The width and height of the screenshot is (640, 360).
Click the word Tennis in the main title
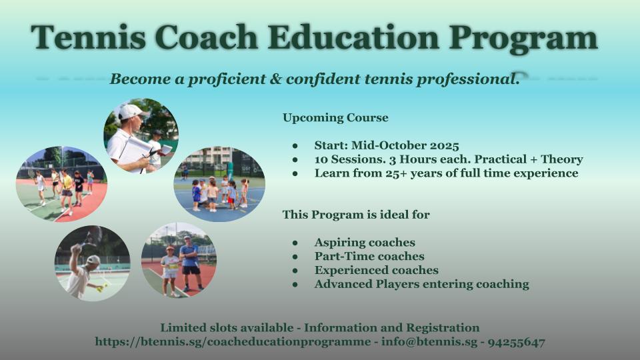point(88,37)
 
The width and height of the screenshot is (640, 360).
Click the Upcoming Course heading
point(335,117)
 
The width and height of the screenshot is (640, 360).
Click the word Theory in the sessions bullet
point(561,159)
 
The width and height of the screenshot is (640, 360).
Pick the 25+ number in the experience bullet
point(396,173)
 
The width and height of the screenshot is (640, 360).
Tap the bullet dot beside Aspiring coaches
point(295,243)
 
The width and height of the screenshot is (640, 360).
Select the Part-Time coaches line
point(369,256)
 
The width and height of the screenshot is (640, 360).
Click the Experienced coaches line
point(376,270)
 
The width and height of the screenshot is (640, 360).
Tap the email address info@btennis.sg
point(429,341)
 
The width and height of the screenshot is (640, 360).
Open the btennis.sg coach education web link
point(233,342)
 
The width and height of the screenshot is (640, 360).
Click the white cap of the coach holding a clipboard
point(132,111)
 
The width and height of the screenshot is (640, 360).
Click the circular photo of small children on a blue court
point(219,184)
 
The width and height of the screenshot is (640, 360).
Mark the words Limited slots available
point(227,328)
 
